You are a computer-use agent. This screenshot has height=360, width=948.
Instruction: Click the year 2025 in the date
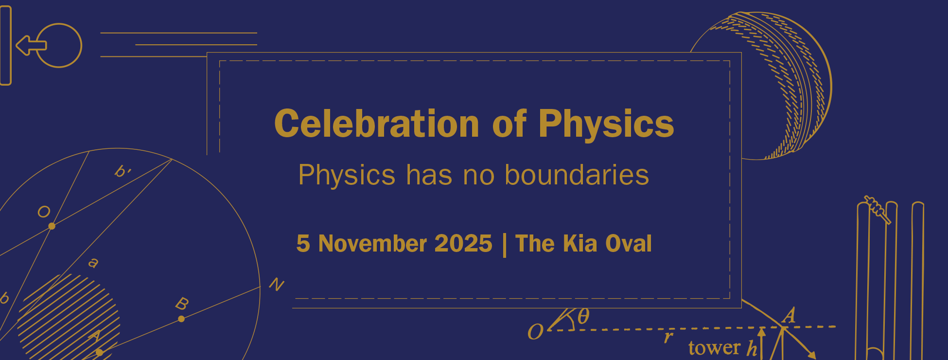(x=463, y=243)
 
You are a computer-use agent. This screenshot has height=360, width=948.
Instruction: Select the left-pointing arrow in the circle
(x=31, y=45)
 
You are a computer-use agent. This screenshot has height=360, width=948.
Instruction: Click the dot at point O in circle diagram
(x=52, y=226)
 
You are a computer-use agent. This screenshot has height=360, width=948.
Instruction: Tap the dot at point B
(x=181, y=319)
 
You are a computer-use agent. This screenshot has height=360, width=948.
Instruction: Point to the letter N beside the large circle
(x=277, y=284)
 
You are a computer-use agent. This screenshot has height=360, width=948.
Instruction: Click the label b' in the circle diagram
(x=123, y=171)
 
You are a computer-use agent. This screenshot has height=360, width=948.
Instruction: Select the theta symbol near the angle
(x=583, y=316)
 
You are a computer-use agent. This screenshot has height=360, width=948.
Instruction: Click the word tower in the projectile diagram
(x=714, y=347)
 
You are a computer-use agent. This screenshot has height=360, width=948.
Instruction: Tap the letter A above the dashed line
(x=789, y=315)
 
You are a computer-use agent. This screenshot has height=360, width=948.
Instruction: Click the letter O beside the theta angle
(x=535, y=332)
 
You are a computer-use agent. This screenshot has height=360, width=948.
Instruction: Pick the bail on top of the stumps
(x=878, y=210)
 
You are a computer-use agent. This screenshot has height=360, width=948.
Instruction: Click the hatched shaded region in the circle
(x=69, y=316)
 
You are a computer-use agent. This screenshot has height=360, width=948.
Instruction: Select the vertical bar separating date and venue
(x=504, y=245)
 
